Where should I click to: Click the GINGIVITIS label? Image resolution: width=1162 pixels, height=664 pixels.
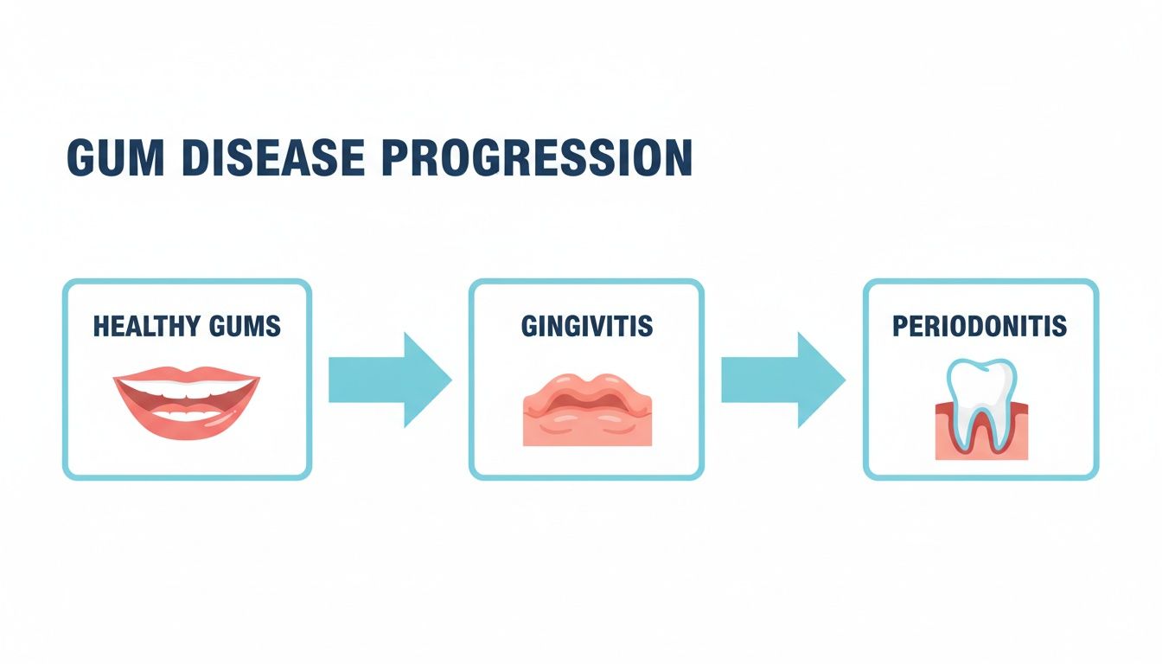[x=586, y=326]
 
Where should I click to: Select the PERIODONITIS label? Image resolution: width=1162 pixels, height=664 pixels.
[x=980, y=326]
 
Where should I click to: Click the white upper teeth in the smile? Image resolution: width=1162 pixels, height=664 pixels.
[x=186, y=390]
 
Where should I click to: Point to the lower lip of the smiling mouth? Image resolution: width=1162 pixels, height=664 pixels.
[x=186, y=425]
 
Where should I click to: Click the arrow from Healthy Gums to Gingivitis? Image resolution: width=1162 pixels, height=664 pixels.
[x=389, y=380]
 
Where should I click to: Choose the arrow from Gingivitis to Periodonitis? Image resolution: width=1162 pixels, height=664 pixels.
[x=782, y=380]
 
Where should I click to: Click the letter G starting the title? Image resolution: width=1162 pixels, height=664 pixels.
[x=81, y=159]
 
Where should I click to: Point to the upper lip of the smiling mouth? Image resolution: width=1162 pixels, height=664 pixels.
[x=186, y=377]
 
